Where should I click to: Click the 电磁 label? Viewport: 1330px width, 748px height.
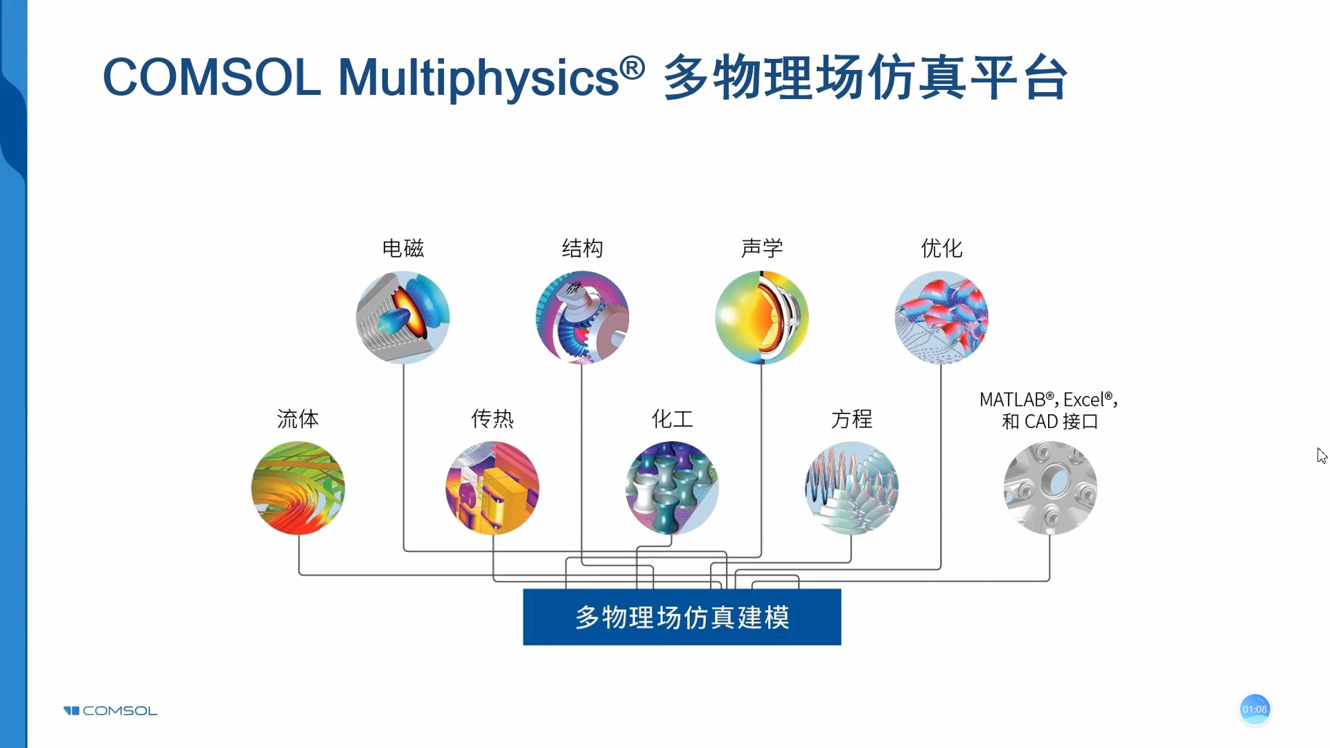tap(402, 248)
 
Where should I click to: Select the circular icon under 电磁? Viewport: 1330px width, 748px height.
tap(402, 317)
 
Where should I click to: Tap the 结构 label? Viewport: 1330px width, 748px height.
tap(582, 248)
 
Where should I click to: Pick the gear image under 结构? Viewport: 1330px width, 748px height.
tap(582, 317)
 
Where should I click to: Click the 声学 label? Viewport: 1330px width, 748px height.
tap(761, 248)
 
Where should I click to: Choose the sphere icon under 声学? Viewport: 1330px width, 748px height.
tap(761, 317)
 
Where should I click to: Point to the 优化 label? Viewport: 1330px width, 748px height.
tap(941, 248)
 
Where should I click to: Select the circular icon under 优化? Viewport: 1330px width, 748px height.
tap(941, 317)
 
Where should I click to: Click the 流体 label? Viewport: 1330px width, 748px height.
tap(298, 418)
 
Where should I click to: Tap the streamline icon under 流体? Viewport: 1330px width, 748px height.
tap(298, 488)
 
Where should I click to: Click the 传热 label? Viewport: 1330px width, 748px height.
tap(492, 418)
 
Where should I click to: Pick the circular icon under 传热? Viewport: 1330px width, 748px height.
tap(492, 488)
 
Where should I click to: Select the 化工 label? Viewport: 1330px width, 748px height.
tap(672, 418)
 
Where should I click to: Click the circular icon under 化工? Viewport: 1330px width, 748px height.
tap(672, 488)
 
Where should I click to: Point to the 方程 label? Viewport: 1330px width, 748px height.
tap(851, 418)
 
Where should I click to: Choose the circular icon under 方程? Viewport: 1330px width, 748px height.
tap(851, 488)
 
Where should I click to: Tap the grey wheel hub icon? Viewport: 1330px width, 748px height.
tap(1050, 488)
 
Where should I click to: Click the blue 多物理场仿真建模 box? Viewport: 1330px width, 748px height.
tap(682, 617)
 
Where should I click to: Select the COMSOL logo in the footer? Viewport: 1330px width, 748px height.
tap(110, 711)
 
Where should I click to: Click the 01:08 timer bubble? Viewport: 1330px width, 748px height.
tap(1254, 709)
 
